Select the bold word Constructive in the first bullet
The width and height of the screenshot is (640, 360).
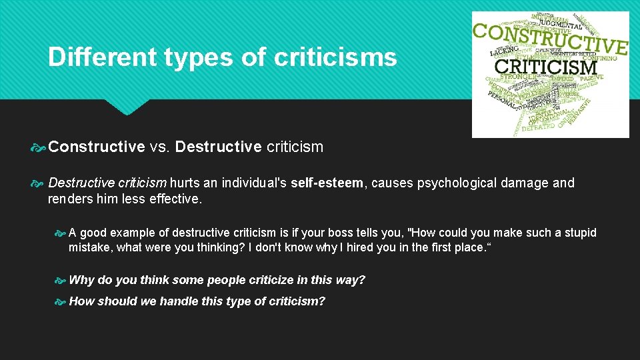click(97, 147)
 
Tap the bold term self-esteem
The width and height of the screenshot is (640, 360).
click(327, 183)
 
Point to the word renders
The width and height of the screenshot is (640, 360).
click(69, 199)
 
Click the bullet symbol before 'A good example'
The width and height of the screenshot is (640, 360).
click(59, 233)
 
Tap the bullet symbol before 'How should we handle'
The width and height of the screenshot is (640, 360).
click(59, 301)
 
